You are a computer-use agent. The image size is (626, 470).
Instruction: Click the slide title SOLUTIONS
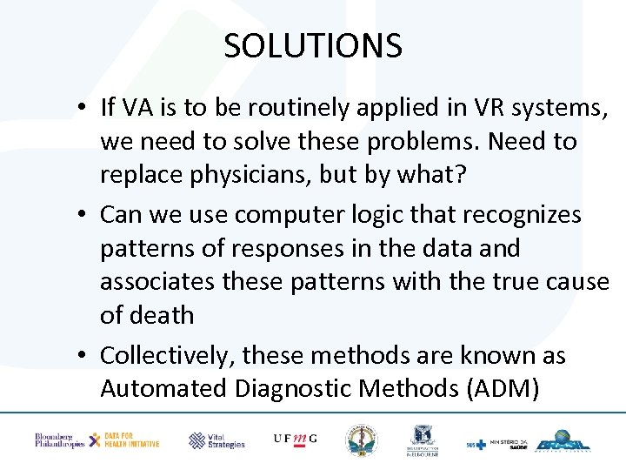pos(313,45)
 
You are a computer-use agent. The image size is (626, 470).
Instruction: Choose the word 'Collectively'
pos(166,356)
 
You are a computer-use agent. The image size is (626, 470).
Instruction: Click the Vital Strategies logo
pos(216,440)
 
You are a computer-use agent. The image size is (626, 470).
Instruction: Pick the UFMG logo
pos(295,440)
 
